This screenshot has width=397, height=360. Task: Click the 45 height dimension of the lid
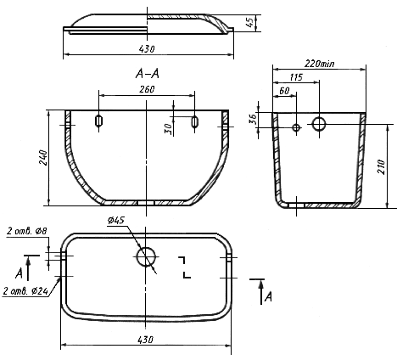(249, 22)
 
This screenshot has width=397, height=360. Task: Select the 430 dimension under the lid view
(147, 49)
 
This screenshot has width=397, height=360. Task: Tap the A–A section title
(148, 74)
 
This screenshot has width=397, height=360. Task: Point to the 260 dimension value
(147, 89)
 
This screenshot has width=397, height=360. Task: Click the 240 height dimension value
(44, 158)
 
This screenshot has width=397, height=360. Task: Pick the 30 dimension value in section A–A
(168, 129)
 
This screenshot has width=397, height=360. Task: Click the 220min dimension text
(319, 64)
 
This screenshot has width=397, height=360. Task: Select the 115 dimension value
(296, 77)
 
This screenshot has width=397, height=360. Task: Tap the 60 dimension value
(284, 91)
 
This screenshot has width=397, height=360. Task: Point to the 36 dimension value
(253, 118)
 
